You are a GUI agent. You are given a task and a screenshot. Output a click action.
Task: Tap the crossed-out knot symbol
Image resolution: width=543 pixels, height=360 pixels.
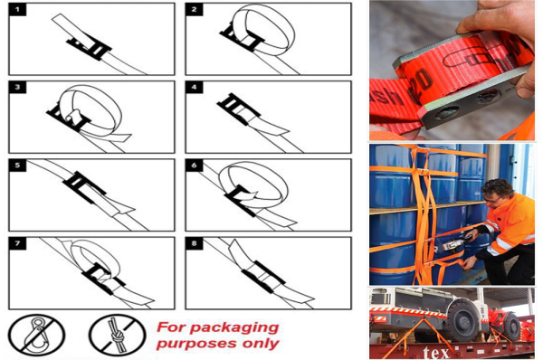coord(115,334)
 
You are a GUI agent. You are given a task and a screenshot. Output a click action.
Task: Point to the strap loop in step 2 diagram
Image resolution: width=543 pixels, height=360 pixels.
coord(262,27)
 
